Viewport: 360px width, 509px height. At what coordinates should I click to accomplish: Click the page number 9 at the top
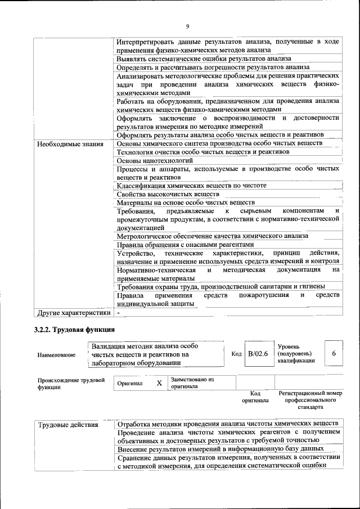coord(187,25)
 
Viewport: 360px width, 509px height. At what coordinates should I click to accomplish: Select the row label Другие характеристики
coord(73,312)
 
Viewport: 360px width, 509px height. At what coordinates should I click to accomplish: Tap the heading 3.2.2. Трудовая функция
coord(74,330)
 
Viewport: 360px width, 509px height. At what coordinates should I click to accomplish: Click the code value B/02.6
coord(258,354)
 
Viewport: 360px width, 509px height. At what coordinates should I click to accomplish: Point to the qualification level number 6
coord(334,354)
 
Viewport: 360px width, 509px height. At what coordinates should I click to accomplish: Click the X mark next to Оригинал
coord(159,383)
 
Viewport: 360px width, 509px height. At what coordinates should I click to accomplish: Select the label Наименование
coord(56,355)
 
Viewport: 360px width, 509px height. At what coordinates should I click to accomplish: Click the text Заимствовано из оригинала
coord(192,383)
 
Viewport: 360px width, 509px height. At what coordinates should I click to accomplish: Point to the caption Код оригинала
coord(255,397)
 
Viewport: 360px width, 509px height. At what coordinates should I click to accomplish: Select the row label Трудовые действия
coord(68,424)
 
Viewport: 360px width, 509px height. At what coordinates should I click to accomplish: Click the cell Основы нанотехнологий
coord(150,160)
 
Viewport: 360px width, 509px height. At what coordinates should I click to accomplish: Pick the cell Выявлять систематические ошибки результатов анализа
coord(204,58)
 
